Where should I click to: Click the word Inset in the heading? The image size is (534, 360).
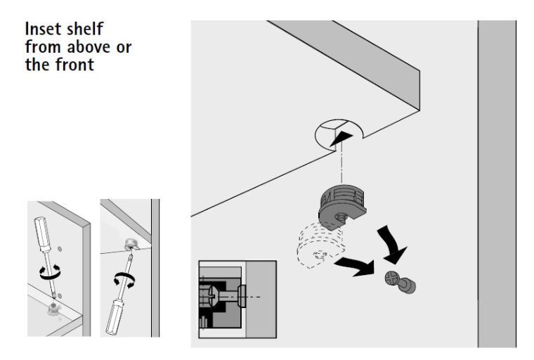tap(44, 29)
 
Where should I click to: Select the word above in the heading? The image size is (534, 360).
tap(89, 46)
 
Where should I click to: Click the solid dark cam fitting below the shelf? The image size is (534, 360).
tap(342, 206)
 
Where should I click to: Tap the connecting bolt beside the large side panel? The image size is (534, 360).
tap(400, 282)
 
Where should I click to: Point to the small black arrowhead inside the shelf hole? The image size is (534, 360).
tap(341, 139)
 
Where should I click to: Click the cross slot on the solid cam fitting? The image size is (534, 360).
tap(341, 217)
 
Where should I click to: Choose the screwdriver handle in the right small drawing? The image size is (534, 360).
tap(115, 316)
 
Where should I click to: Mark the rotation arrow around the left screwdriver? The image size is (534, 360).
tap(50, 272)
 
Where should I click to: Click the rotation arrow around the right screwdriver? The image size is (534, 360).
tap(124, 281)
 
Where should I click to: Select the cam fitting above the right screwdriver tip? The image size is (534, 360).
tap(131, 245)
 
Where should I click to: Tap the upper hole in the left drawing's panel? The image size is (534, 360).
tap(60, 249)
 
